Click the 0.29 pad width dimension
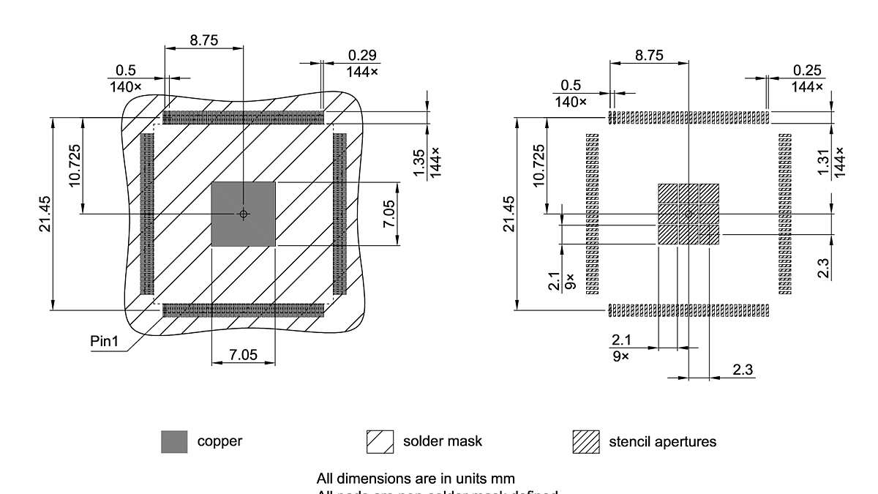tap(362, 56)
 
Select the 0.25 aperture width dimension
tap(807, 70)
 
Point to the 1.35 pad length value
tap(419, 163)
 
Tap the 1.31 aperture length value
tap(824, 162)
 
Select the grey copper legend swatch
tap(174, 442)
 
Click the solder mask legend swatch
tap(380, 442)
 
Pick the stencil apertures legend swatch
tap(585, 442)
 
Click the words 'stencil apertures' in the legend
tap(662, 442)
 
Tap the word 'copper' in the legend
tap(219, 441)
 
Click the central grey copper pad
tap(243, 214)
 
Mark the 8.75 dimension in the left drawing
tap(204, 41)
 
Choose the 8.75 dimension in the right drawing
tap(649, 56)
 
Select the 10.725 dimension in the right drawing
tap(539, 166)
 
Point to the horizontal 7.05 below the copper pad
tap(243, 355)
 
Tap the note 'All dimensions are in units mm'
tap(416, 479)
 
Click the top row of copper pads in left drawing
tap(243, 118)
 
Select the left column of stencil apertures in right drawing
tap(592, 214)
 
